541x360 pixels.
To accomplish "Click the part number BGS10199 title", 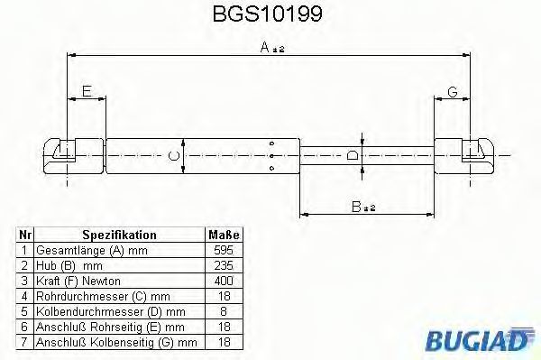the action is coord(268,14).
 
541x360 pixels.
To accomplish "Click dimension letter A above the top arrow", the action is coord(264,47).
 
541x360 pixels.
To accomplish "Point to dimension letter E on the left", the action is coord(87,91).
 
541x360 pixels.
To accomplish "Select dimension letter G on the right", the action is coord(453,92).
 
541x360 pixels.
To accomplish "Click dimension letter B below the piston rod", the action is coord(356,207).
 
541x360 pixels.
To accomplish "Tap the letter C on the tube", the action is coord(173,156).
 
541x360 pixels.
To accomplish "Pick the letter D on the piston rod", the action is coord(353,156).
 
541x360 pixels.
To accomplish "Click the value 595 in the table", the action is coord(224,250).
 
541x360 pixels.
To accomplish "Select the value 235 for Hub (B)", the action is coord(224,265).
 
